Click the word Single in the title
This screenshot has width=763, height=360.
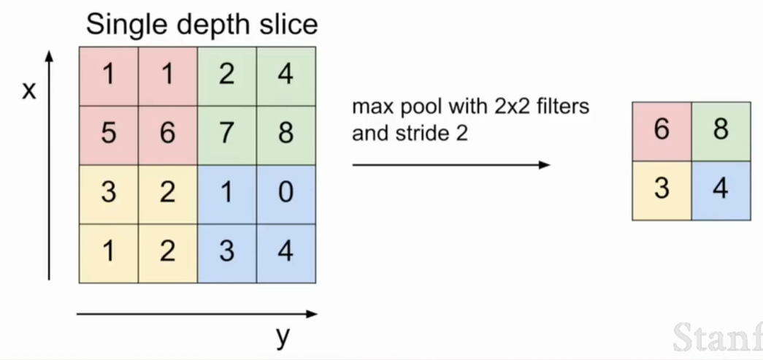point(129,24)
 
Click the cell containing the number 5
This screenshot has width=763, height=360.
point(109,135)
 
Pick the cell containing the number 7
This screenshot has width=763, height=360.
point(227,135)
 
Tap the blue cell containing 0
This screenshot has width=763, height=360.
point(286,194)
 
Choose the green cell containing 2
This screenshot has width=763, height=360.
point(227,77)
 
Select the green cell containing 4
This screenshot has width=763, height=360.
point(286,77)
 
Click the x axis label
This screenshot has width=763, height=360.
point(29,91)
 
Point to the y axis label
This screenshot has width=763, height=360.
point(283,336)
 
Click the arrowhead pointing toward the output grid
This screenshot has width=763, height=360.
point(545,165)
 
